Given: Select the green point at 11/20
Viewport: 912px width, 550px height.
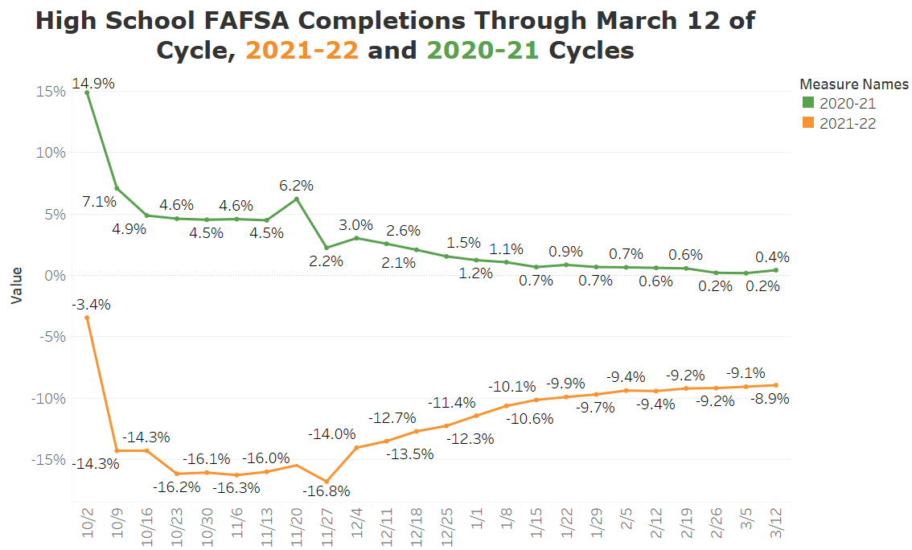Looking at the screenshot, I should [x=297, y=199].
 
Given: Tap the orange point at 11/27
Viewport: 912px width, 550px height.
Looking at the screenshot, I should [x=327, y=481].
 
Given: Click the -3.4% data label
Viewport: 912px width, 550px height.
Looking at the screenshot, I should [x=91, y=305].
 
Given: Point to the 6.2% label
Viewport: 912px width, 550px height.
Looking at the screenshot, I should [x=297, y=185].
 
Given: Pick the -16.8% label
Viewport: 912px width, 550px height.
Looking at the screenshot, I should [x=326, y=490].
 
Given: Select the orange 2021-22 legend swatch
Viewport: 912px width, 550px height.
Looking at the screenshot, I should [x=808, y=123].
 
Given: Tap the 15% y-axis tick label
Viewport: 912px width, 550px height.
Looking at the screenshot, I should [x=51, y=92].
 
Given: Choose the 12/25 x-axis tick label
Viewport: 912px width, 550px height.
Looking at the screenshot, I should [x=446, y=524].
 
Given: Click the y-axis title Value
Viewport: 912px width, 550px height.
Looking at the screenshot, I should [x=16, y=285].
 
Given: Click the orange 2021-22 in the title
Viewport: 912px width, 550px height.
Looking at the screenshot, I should [x=302, y=51].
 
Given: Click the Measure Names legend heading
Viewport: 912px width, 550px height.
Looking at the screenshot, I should [x=854, y=84].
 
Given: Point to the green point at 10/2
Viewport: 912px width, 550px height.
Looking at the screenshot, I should [x=87, y=92].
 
